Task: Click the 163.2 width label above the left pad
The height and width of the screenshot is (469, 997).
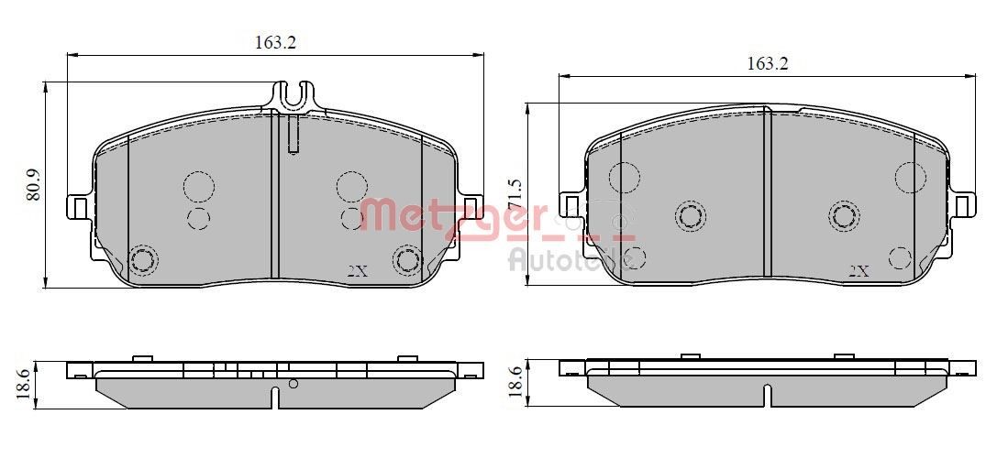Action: (275, 42)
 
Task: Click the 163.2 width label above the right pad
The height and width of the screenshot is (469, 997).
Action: (767, 63)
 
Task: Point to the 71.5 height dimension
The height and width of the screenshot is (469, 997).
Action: (515, 195)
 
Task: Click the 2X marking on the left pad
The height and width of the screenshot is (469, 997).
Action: (358, 271)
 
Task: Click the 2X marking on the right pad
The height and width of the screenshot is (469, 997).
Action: (858, 271)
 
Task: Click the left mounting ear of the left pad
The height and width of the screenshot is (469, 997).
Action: (79, 208)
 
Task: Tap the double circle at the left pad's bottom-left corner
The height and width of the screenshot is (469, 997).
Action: (142, 260)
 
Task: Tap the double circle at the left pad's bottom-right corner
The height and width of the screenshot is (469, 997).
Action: (406, 259)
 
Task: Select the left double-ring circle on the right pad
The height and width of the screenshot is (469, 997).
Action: (690, 216)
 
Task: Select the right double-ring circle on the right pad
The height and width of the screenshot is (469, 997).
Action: (844, 216)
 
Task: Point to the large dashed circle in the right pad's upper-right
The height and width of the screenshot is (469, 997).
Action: (912, 177)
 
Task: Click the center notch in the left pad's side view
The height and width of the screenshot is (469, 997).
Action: (275, 398)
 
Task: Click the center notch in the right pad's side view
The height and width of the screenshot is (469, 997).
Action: (767, 396)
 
